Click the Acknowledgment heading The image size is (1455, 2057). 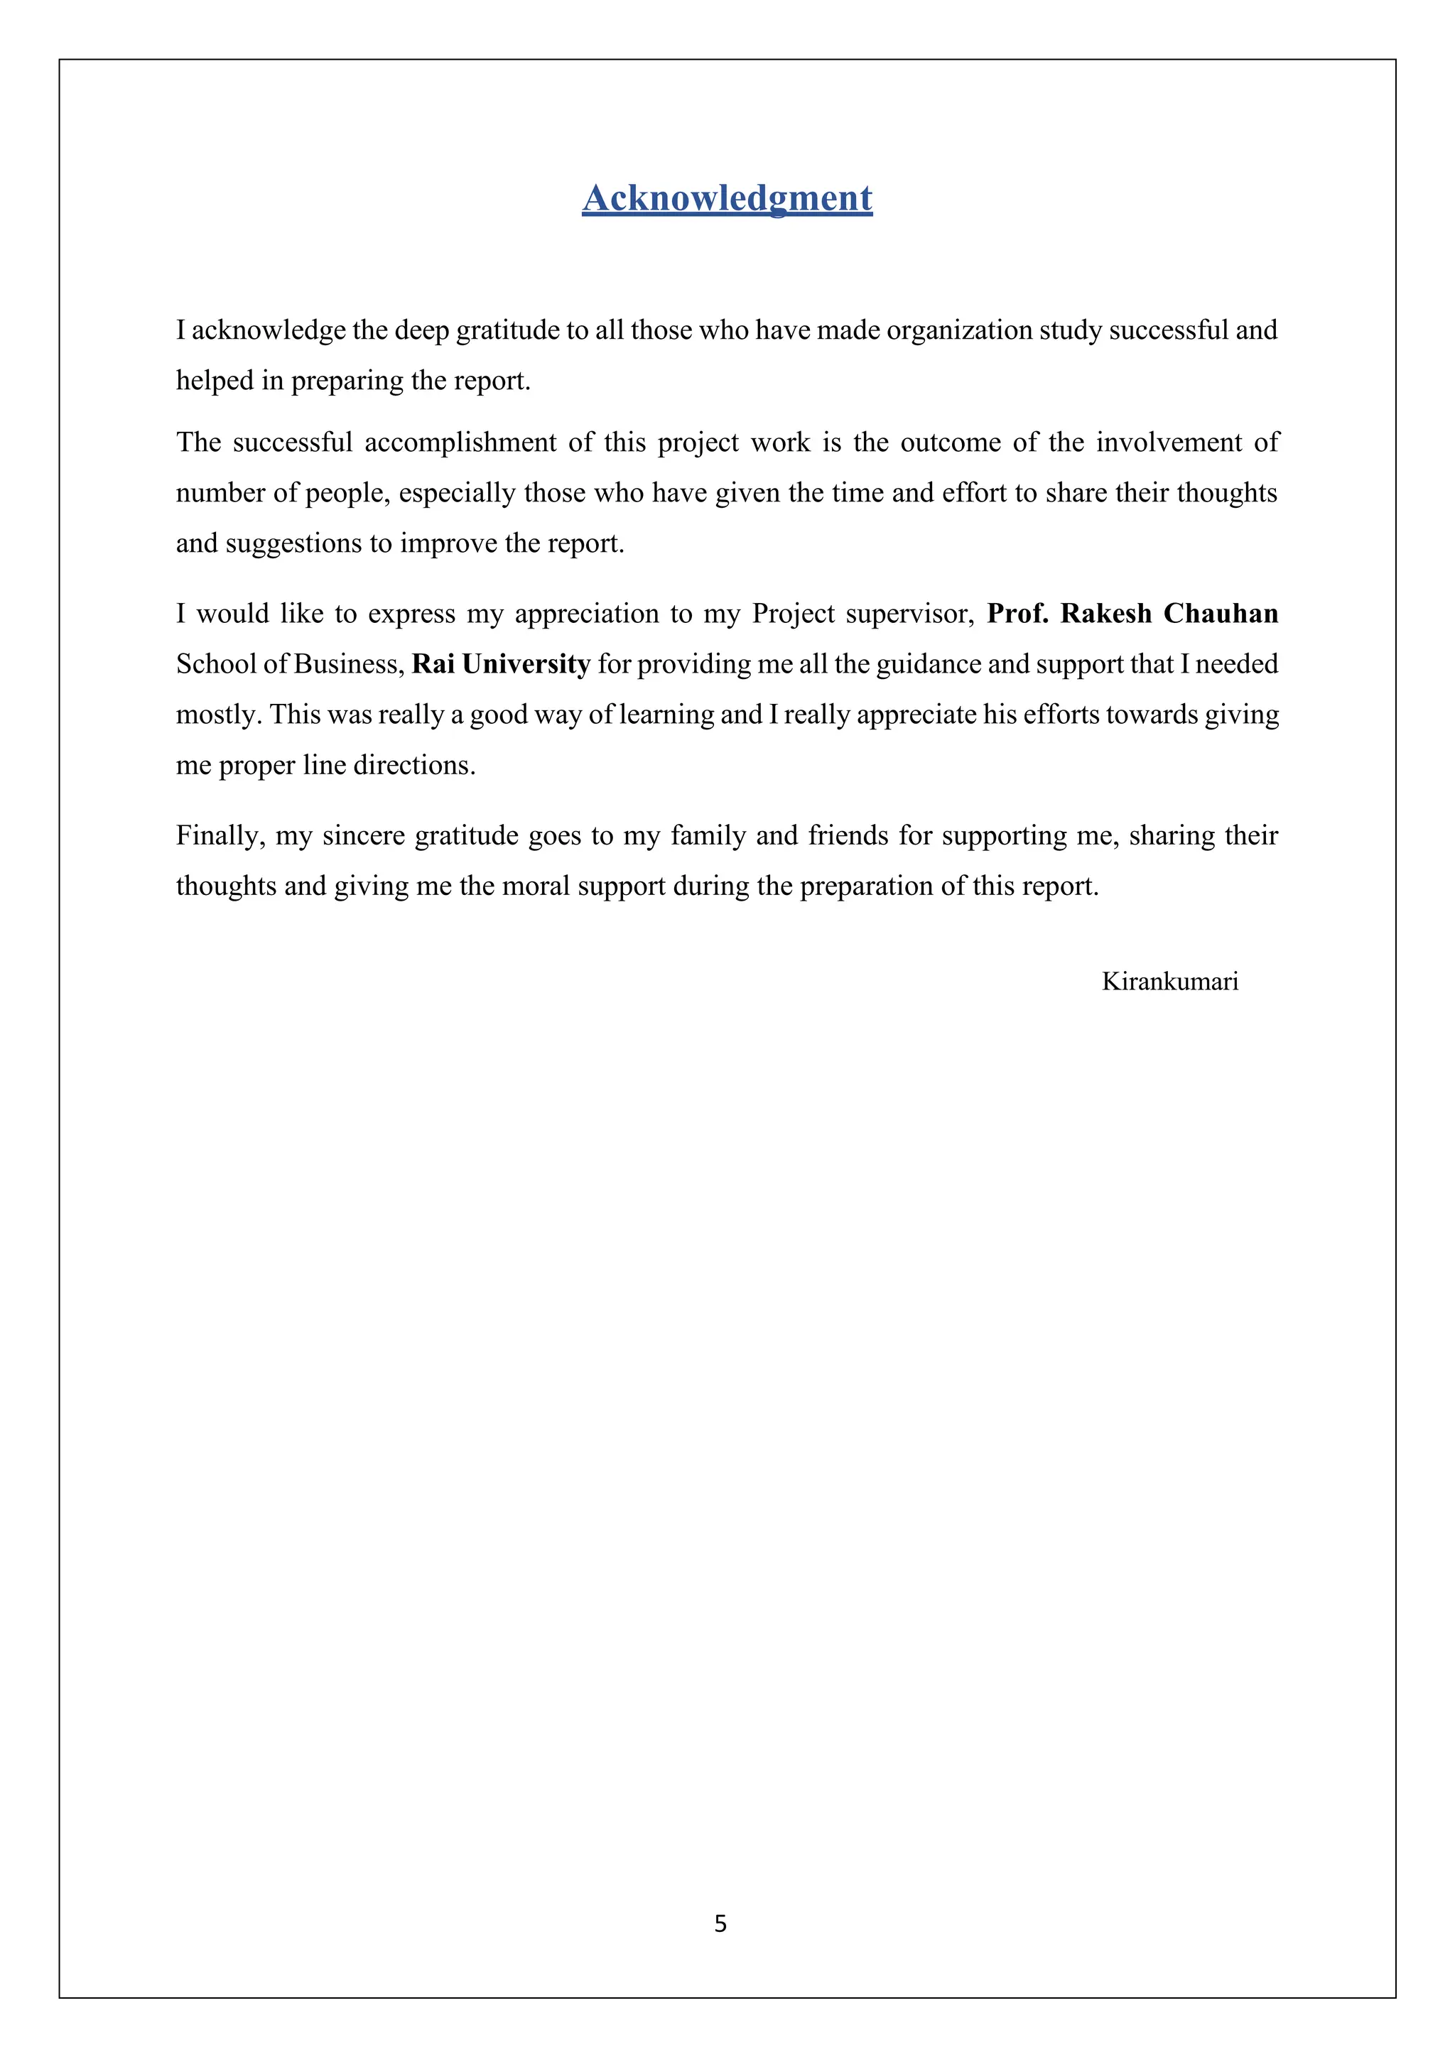[727, 198]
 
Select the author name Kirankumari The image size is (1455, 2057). [1169, 982]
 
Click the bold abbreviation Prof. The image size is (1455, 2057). [1017, 614]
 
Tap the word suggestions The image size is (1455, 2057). [292, 544]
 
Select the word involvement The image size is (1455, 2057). [1168, 443]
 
